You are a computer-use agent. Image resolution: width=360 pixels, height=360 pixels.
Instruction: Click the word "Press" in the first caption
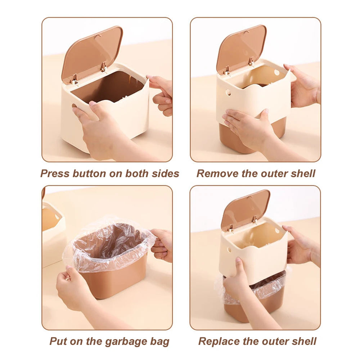click(x=55, y=174)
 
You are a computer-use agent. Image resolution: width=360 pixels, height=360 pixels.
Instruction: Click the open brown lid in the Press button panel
click(x=92, y=52)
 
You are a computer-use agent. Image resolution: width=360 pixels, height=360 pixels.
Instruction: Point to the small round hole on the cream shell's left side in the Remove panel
click(x=228, y=93)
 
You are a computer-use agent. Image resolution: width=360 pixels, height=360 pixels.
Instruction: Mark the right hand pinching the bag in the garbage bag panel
click(x=162, y=245)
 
